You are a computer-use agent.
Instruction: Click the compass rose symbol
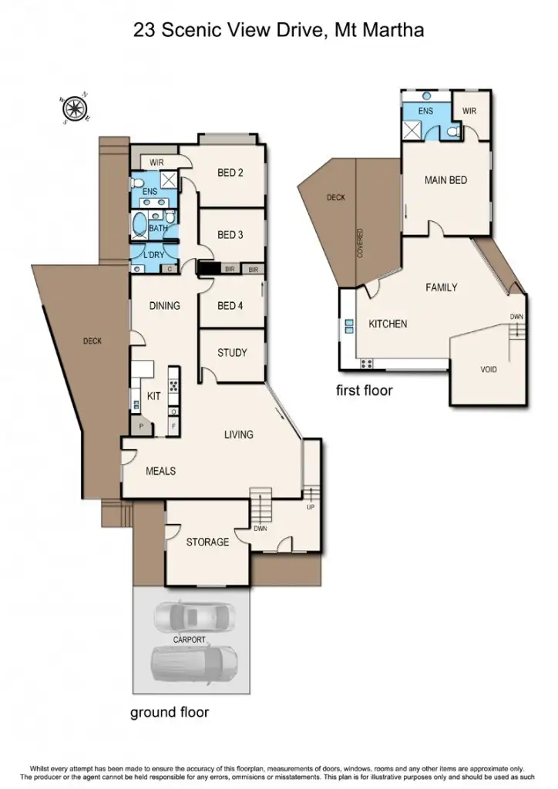(75, 109)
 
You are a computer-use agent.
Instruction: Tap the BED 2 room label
(230, 173)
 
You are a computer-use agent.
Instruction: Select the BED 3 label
(230, 235)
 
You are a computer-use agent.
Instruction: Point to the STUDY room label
(232, 353)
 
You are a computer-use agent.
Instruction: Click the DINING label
(164, 306)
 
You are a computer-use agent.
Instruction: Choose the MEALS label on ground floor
(160, 471)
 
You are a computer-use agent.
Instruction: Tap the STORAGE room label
(207, 542)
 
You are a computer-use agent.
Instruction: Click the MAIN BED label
(445, 180)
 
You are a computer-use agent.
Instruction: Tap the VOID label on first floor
(489, 369)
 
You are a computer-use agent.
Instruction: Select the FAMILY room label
(442, 287)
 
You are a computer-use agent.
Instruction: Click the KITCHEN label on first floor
(387, 324)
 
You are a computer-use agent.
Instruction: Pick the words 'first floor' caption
(365, 391)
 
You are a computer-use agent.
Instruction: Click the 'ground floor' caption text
(169, 713)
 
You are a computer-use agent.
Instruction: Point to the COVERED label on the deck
(360, 243)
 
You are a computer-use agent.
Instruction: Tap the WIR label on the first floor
(469, 111)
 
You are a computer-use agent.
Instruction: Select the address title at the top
(279, 30)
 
